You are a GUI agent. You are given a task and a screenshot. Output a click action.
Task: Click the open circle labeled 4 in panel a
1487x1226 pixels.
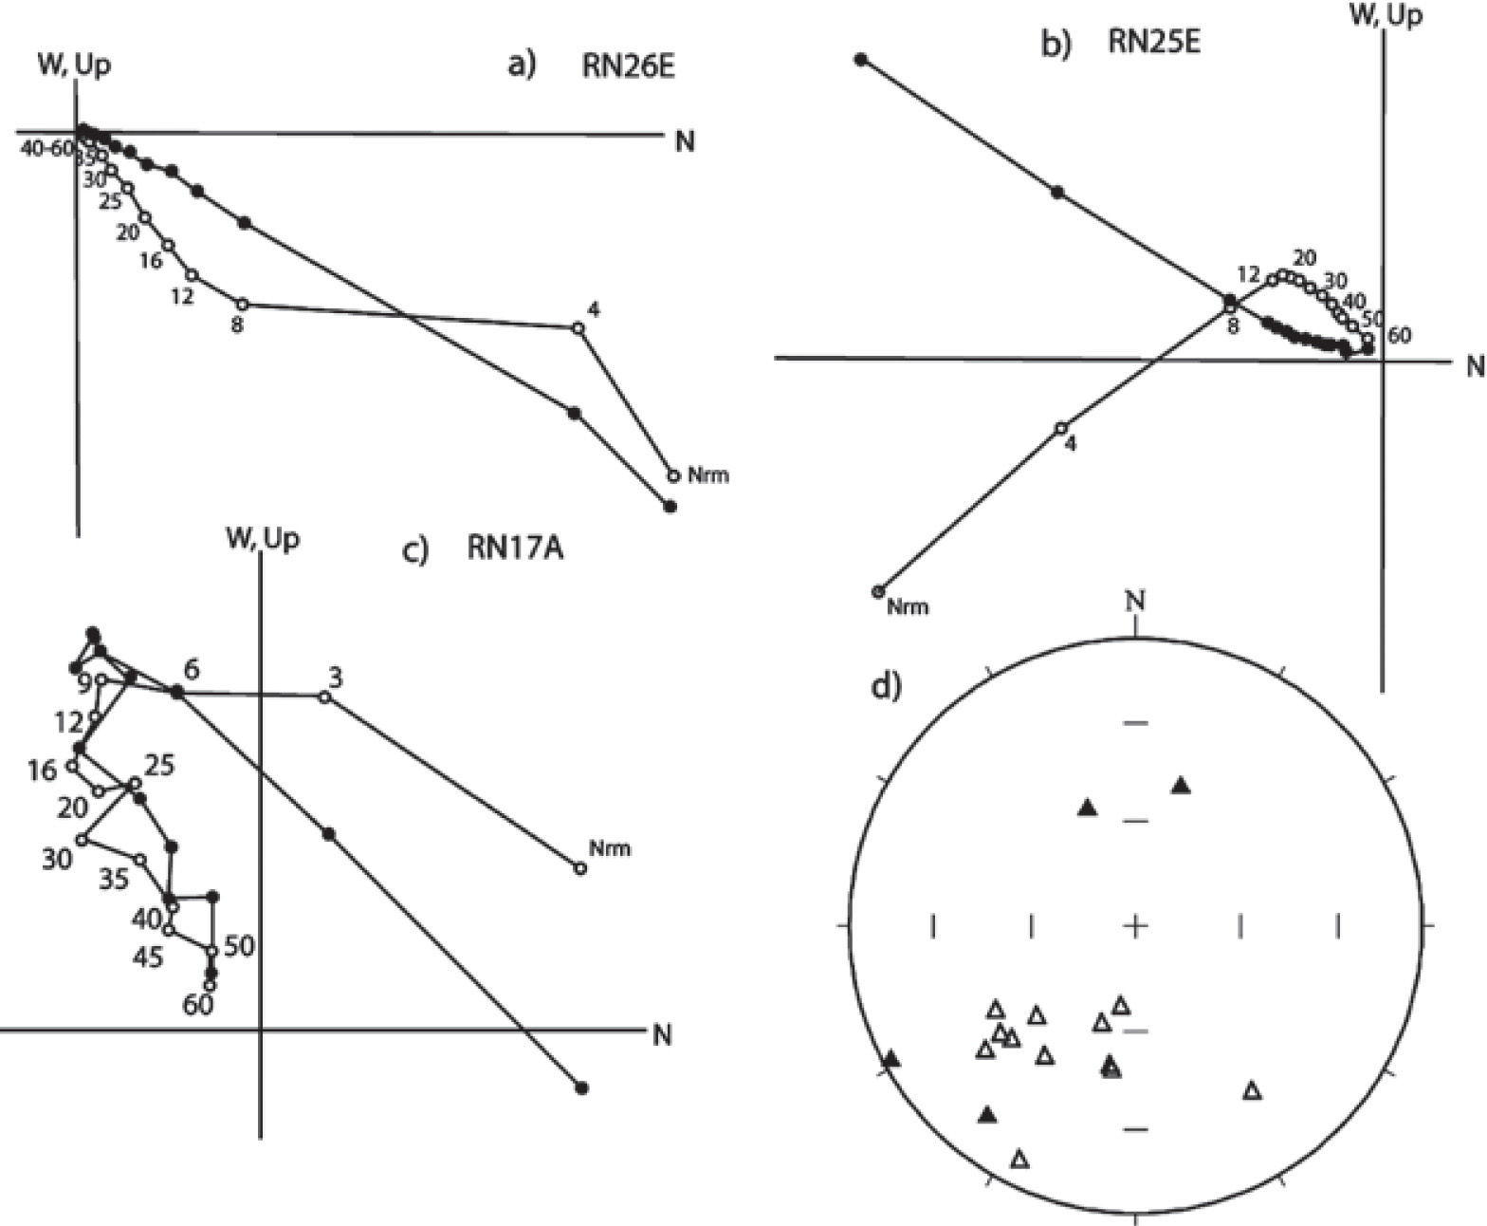pos(578,327)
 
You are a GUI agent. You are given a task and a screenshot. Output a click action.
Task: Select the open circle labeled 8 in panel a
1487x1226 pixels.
pos(243,305)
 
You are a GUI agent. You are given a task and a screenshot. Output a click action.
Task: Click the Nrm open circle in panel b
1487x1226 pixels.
pos(877,591)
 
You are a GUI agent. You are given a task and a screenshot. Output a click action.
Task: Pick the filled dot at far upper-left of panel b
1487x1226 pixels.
pos(861,60)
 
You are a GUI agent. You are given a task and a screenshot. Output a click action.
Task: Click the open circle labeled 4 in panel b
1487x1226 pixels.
pos(1061,427)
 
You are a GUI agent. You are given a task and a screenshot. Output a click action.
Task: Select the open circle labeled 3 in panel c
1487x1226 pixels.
pos(324,697)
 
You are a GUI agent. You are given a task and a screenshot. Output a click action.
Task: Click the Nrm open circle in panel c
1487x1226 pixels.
pos(580,867)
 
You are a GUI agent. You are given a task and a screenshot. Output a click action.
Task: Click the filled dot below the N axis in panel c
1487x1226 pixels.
pos(582,1088)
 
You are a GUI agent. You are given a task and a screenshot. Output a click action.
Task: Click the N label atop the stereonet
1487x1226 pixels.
pos(1136,602)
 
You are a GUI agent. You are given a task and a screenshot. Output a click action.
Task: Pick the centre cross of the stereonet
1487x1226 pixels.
pos(1136,923)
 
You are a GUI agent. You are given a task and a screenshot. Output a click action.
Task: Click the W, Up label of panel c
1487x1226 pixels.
pos(263,539)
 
